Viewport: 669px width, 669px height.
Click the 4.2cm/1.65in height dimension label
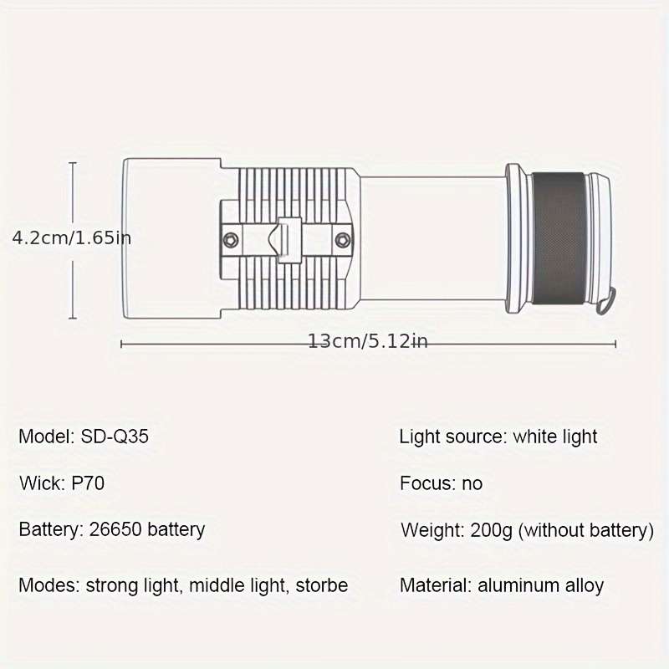point(72,237)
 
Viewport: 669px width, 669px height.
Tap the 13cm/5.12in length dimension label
point(368,341)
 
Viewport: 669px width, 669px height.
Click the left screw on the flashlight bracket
point(231,240)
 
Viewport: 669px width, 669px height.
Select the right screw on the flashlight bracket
point(343,240)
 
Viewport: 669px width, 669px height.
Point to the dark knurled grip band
point(559,238)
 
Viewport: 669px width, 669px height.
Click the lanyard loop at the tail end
point(606,301)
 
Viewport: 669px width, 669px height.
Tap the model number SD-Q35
point(115,437)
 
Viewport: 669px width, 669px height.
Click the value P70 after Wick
point(88,483)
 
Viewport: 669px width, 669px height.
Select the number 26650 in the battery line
point(115,529)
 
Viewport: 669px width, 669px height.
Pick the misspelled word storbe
point(322,585)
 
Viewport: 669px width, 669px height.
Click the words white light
point(555,437)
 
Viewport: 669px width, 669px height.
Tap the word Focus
point(428,483)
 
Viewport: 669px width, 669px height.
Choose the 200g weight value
point(491,530)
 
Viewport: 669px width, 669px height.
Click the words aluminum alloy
point(540,585)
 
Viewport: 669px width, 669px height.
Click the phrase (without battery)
point(586,530)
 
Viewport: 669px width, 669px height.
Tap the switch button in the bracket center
point(289,240)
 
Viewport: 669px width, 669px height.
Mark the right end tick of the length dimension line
point(615,344)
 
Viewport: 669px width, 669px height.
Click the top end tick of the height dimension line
point(73,163)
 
